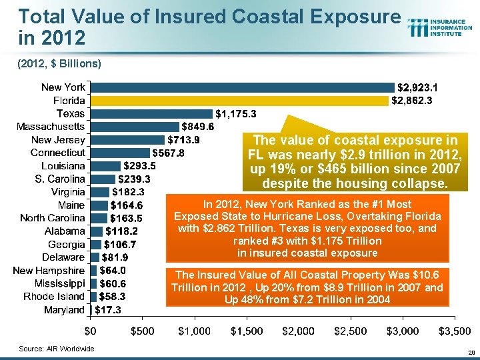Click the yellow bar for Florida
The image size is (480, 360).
coord(238,101)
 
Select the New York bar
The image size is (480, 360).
coord(241,87)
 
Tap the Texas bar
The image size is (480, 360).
coord(151,113)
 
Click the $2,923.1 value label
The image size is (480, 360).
coord(417,87)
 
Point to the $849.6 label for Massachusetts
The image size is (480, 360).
coord(198,127)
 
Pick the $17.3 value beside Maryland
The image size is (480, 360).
coord(107,310)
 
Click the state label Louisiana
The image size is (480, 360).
coord(63,166)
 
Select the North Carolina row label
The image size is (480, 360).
coord(53,218)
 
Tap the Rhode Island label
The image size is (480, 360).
coord(54,297)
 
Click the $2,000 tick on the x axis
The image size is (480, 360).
coord(299,331)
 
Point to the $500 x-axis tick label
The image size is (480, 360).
coord(142,331)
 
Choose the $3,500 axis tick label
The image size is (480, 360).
coord(455,331)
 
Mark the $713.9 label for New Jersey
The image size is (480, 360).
coord(183,140)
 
